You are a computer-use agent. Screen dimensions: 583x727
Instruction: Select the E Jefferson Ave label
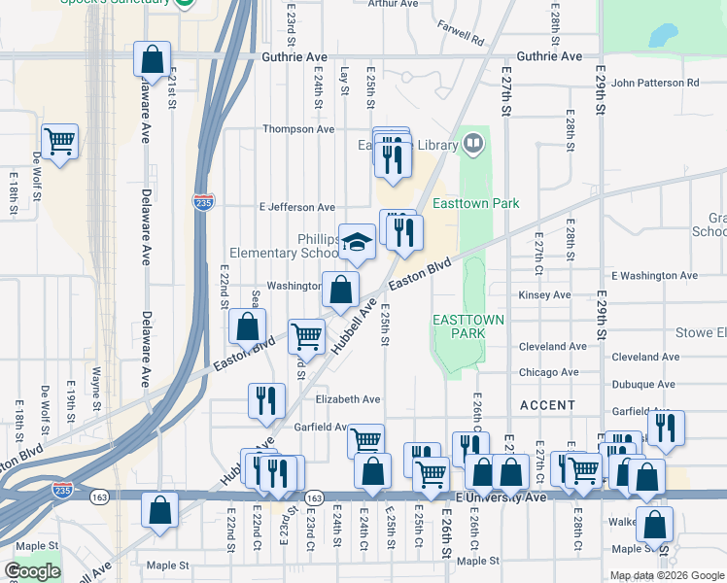pos(296,207)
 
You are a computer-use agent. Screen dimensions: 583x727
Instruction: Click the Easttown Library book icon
pos(473,145)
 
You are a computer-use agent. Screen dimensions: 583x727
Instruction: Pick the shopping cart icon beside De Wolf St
pos(60,142)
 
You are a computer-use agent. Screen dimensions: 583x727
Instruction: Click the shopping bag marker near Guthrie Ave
pos(152,59)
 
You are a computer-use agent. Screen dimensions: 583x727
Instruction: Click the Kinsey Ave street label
pos(545,294)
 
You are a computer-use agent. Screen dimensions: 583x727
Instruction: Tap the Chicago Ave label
pos(548,372)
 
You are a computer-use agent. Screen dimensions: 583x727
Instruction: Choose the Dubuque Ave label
pos(640,383)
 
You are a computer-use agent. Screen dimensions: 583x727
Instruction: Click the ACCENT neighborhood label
pos(547,404)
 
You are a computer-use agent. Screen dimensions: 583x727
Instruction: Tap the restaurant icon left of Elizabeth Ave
pos(265,399)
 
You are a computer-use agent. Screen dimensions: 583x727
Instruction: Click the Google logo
pos(32,571)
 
